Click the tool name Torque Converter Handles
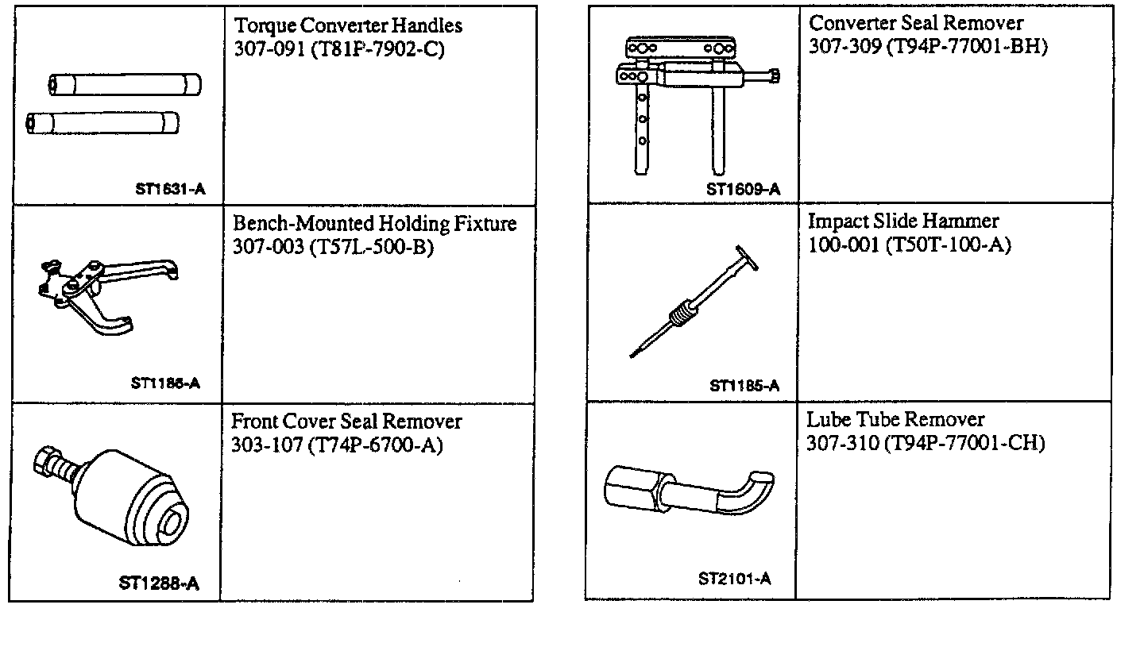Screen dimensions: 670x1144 click(x=348, y=26)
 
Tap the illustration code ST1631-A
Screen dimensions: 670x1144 click(x=169, y=190)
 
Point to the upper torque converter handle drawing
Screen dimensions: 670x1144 click(x=125, y=84)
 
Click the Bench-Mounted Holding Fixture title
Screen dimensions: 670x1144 click(x=374, y=224)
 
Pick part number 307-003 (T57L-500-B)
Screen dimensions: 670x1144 click(x=333, y=248)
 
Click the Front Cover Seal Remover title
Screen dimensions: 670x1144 click(x=346, y=421)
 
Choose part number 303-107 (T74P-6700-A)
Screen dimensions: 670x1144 click(x=337, y=445)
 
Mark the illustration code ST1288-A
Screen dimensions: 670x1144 click(x=159, y=584)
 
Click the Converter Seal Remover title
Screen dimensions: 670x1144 click(x=916, y=23)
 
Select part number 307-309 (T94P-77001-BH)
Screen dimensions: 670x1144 click(x=928, y=46)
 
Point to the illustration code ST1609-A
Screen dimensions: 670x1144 click(x=743, y=190)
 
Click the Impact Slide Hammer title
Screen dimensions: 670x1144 click(x=903, y=221)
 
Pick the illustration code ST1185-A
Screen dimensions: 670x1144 click(x=744, y=387)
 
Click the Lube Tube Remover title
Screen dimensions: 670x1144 click(x=895, y=419)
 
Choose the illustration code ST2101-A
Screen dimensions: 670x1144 click(x=735, y=579)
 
